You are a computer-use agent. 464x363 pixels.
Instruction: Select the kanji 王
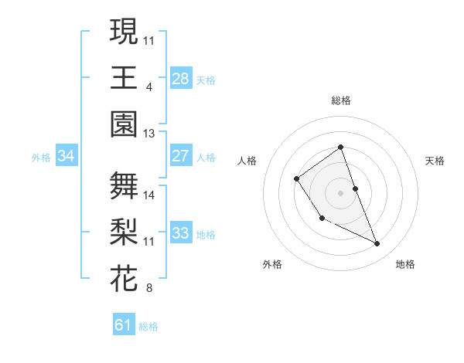point(124,77)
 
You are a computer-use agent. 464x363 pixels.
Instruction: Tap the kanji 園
point(124,124)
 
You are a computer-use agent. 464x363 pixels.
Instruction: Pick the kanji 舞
point(124,185)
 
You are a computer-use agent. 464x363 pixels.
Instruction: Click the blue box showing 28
point(180,78)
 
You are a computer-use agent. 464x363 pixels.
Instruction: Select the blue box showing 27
point(180,155)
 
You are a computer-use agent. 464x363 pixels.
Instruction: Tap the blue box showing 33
point(180,232)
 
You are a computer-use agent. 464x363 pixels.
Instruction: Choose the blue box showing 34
point(67,156)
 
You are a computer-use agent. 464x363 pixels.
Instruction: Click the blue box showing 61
point(124,325)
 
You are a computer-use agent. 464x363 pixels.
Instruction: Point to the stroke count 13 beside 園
point(148,134)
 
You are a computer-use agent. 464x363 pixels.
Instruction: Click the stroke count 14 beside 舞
point(149,195)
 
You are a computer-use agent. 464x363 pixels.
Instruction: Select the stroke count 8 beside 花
point(148,289)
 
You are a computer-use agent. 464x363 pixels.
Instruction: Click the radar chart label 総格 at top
point(340,100)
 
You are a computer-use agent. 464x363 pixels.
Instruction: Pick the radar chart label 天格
point(435,161)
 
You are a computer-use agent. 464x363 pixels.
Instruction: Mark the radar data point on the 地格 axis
point(377,243)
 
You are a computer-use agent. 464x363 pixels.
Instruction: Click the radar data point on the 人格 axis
point(297,179)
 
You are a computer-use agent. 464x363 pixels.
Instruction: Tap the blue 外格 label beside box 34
point(41,157)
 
